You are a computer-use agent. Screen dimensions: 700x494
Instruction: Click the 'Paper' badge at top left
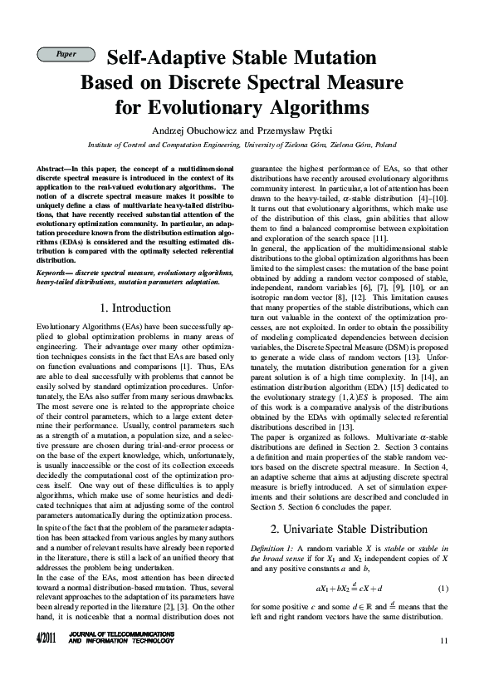[66, 54]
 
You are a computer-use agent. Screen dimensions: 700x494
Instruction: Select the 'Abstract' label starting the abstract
[51, 169]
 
